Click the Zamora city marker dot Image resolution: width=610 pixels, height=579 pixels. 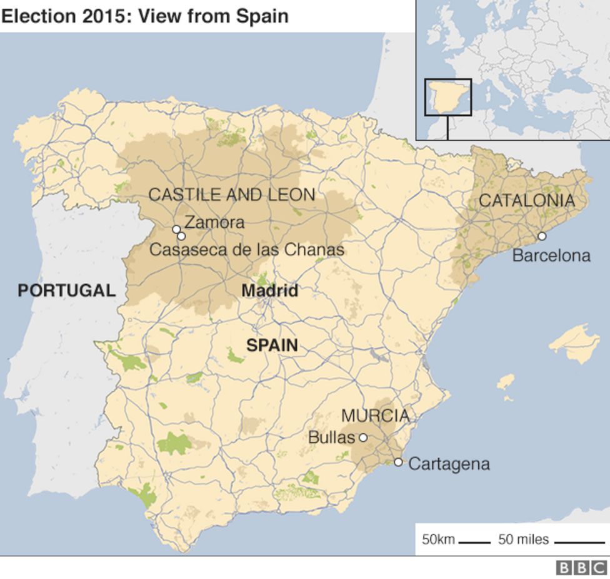click(176, 229)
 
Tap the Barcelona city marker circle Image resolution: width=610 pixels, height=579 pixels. click(542, 236)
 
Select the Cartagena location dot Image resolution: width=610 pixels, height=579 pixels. click(398, 462)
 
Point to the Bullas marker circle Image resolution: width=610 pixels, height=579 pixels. click(362, 438)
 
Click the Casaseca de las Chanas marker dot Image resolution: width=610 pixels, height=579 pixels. click(181, 236)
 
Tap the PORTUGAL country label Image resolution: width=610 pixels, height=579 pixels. click(66, 290)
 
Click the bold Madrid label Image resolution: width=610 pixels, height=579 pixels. click(269, 291)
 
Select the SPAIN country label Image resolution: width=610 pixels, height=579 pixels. click(272, 345)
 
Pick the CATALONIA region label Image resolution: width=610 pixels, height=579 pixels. click(526, 201)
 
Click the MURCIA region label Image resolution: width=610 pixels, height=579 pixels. click(375, 416)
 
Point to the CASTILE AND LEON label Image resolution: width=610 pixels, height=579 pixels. click(231, 195)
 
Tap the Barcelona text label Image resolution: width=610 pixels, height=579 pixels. click(551, 255)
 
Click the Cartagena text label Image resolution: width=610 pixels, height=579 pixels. click(449, 464)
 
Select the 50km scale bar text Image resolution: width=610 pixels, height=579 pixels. click(438, 539)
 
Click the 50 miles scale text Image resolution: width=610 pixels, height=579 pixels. click(523, 539)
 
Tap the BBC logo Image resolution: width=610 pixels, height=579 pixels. click(581, 568)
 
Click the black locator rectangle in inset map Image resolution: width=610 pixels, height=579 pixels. click(447, 97)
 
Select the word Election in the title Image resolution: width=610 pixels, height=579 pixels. click(38, 16)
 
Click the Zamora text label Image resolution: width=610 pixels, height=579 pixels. click(214, 222)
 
